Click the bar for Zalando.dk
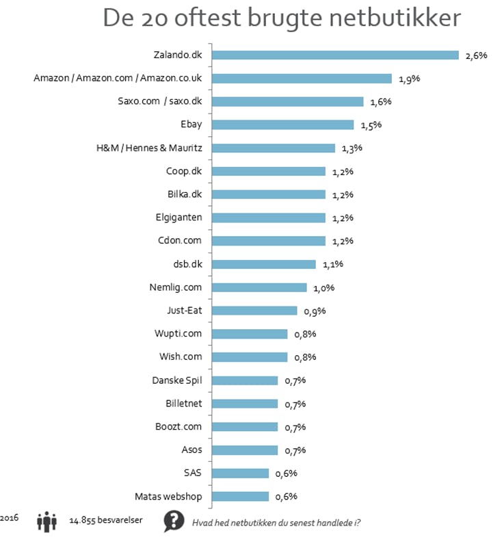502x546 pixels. pos(335,55)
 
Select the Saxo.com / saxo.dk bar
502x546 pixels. pos(288,102)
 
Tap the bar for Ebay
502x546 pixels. pos(283,125)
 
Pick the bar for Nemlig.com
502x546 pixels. pos(259,288)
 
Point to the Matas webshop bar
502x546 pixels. pos(241,497)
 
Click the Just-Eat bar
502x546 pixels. pos(254,311)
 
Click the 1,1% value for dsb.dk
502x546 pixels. pos(332,265)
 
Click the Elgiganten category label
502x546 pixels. pos(183,218)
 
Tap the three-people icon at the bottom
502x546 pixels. pos(47,522)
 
